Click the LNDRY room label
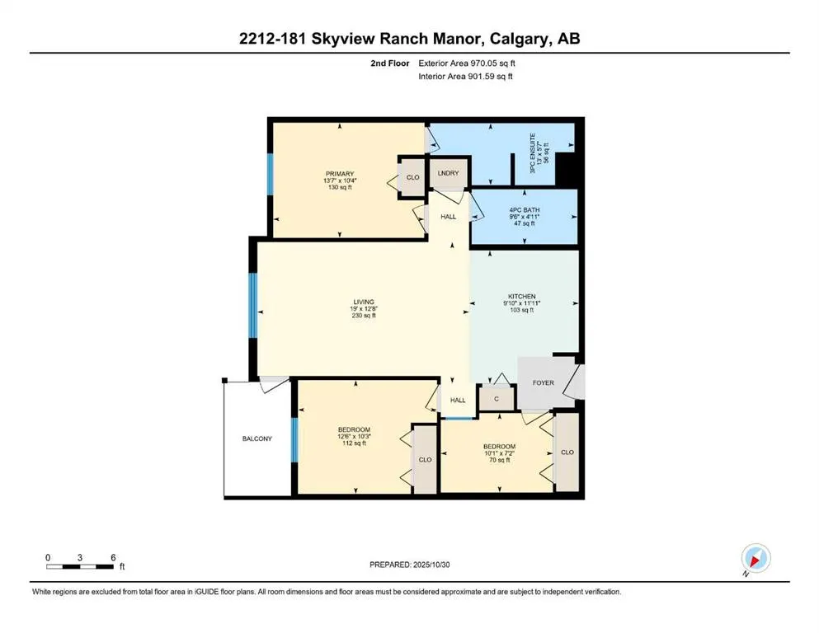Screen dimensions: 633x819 [448, 172]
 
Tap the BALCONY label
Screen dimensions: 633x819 [257, 439]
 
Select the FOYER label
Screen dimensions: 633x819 [543, 382]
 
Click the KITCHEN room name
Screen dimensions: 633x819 [522, 297]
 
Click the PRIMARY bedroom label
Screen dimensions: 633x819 [338, 173]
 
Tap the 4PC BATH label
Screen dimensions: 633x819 [525, 210]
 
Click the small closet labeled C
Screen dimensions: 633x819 [497, 399]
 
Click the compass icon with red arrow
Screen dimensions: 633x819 [755, 560]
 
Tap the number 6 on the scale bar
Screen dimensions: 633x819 [111, 558]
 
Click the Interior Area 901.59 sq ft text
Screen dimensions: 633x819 [466, 77]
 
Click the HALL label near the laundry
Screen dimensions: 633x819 [448, 217]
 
